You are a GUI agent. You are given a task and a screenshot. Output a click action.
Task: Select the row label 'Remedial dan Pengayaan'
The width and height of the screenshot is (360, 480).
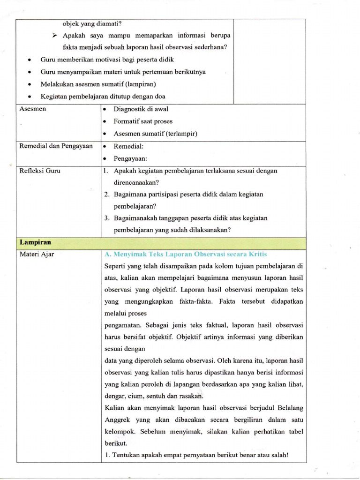56,146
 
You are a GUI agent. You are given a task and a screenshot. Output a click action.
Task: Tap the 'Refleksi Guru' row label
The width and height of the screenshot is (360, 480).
39,171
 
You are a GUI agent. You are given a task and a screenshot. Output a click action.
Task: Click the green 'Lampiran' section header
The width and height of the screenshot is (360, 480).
35,242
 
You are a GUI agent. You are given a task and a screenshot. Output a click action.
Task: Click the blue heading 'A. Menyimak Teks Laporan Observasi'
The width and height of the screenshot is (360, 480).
186,254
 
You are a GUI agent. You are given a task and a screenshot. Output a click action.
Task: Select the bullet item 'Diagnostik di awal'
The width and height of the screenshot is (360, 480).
141,109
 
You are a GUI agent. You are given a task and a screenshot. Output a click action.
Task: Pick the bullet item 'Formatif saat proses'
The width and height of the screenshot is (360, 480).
143,121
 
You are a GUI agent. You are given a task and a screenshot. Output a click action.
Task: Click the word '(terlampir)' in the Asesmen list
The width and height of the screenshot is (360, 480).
181,134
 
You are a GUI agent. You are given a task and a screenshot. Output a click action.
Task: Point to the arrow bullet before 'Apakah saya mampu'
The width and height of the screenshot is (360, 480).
54,36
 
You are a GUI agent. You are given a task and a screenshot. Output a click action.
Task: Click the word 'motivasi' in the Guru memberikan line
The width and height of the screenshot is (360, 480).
108,60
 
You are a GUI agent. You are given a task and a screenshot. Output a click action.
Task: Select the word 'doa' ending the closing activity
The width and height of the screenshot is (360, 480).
160,97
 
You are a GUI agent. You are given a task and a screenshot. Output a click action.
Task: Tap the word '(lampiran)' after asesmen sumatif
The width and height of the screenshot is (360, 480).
139,84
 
